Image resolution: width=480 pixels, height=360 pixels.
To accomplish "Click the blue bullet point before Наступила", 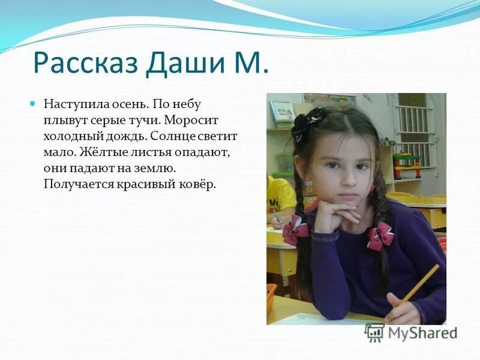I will coord(33,104).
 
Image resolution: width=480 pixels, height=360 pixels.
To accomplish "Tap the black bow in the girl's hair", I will coord(307,122).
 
